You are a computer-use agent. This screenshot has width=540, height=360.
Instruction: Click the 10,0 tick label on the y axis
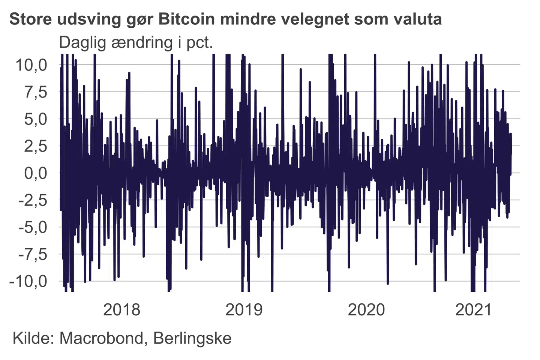[x=31, y=65]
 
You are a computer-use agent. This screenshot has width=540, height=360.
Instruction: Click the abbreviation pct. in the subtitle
[x=199, y=43]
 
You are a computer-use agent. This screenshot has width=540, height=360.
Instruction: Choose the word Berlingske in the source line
[x=192, y=338]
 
